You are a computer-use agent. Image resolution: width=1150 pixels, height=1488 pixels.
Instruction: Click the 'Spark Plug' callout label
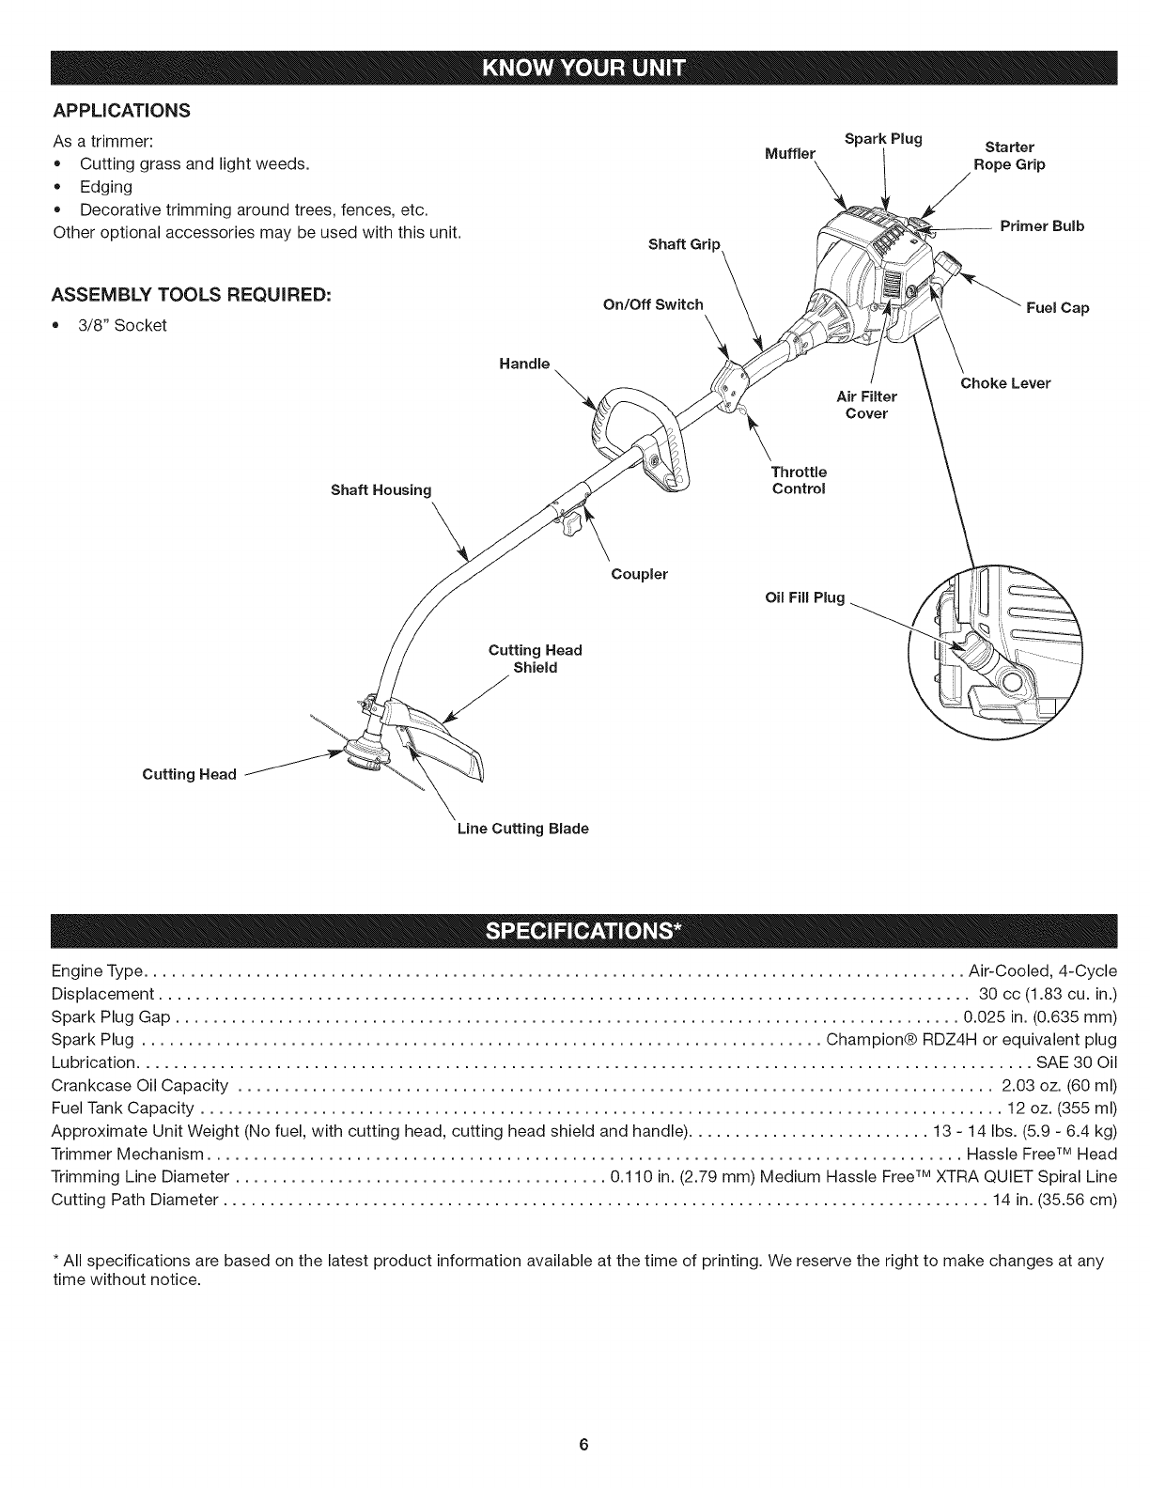pos(883,139)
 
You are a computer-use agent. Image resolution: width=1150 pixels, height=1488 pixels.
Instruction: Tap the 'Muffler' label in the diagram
pos(790,154)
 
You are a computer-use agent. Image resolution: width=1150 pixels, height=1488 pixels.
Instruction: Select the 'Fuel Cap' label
pos(1062,308)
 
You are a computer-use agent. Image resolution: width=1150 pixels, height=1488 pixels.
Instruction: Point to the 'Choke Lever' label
pos(1004,383)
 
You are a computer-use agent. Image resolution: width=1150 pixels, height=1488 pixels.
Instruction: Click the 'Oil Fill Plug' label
pos(806,597)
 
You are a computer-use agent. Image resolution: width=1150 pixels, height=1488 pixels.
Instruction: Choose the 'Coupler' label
pos(639,574)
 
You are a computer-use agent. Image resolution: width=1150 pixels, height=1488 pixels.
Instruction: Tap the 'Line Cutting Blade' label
pos(522,829)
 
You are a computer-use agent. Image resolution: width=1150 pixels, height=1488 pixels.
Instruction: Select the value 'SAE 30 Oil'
pos(1076,1062)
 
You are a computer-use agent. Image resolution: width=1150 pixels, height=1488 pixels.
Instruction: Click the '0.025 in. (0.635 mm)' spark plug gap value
pos(1040,1016)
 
